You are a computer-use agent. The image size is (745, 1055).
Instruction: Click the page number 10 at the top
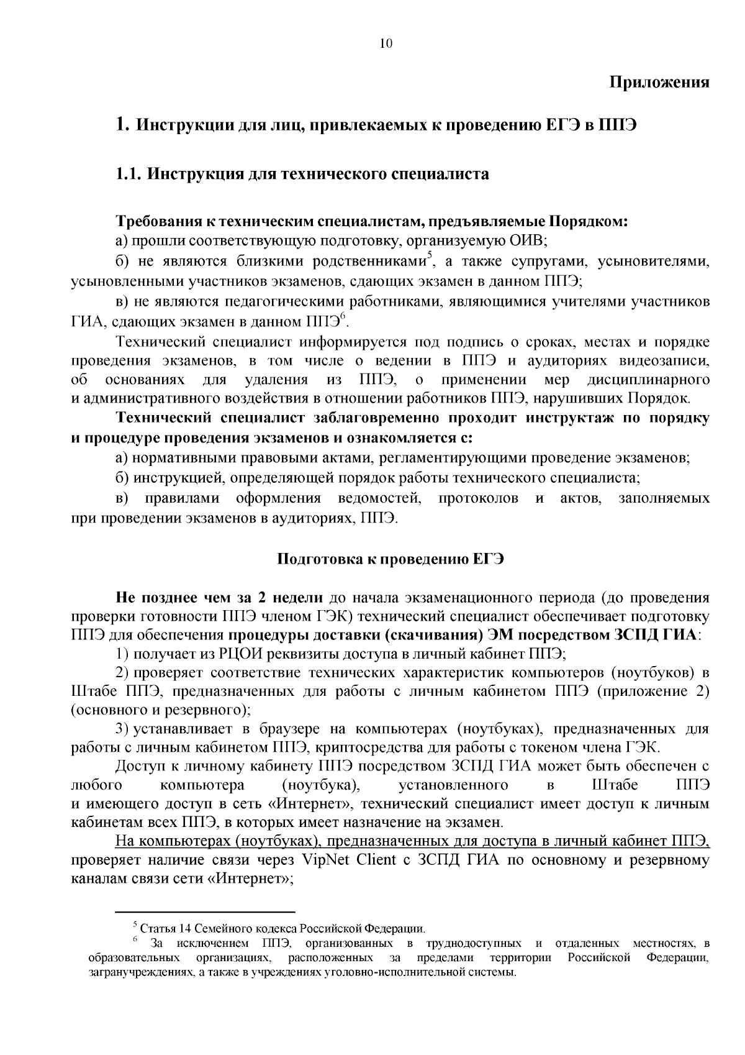click(x=385, y=43)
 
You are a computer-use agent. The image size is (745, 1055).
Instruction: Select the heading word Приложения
click(x=659, y=83)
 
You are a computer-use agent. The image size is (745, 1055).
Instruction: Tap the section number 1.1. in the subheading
click(x=129, y=174)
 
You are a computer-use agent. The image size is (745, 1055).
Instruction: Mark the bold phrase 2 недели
click(x=290, y=598)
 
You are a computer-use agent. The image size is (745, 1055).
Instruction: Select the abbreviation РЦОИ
click(x=240, y=654)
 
